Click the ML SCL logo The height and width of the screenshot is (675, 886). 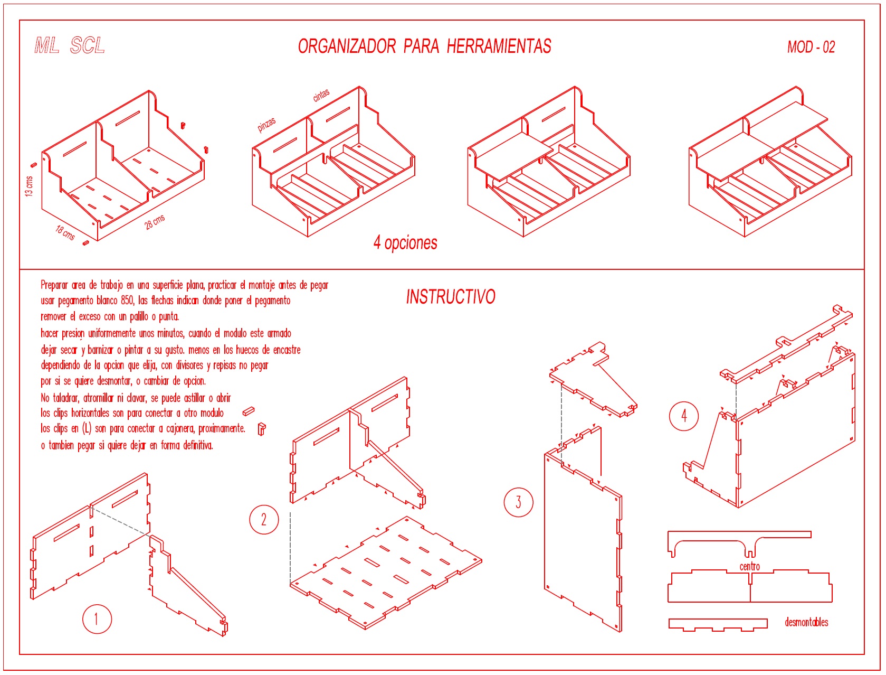(70, 45)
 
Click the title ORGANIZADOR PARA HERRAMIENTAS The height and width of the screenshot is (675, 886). (425, 46)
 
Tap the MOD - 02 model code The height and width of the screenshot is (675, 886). (811, 47)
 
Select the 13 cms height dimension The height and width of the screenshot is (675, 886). (28, 186)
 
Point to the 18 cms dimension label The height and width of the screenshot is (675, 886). (65, 233)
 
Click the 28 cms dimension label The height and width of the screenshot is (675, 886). (155, 222)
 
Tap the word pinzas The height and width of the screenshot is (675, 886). (266, 125)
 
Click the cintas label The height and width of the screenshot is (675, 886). (321, 95)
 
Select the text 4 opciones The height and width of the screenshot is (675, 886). (405, 243)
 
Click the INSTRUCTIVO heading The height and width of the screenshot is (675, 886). (451, 297)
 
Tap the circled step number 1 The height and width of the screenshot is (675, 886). (97, 619)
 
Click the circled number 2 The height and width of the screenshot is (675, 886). (264, 520)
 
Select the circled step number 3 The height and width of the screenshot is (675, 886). (519, 502)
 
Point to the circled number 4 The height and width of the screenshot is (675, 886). (684, 416)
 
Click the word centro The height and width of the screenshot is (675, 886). (749, 566)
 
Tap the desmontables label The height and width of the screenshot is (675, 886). (806, 622)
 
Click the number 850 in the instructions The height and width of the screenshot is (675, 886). (127, 301)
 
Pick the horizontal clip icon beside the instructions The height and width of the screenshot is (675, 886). (249, 411)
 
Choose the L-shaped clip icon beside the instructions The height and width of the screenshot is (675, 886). (262, 429)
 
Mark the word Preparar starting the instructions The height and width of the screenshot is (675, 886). (54, 286)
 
